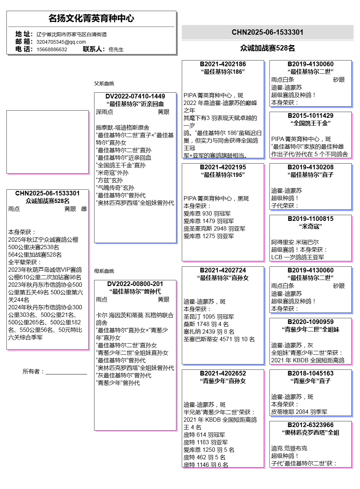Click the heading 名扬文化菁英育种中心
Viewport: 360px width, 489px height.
(x=91, y=18)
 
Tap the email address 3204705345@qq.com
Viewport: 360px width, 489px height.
(x=61, y=42)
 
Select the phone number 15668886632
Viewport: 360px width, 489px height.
(x=52, y=49)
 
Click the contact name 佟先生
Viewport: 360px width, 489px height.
(x=116, y=49)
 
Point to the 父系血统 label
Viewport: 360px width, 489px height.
(x=104, y=83)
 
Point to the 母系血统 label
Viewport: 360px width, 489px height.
(x=104, y=271)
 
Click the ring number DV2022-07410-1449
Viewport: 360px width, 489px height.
(x=135, y=96)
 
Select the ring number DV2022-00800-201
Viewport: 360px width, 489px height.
(x=135, y=284)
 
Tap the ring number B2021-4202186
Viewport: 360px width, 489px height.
(x=223, y=64)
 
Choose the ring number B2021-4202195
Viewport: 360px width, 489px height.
(x=223, y=167)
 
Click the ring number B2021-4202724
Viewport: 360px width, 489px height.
(x=223, y=270)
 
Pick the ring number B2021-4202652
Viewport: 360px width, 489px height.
(x=223, y=373)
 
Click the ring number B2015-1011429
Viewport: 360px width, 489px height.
(x=311, y=116)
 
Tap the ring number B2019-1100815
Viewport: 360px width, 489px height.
(x=311, y=219)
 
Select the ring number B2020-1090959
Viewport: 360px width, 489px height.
(x=311, y=322)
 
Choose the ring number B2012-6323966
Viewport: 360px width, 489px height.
(x=311, y=425)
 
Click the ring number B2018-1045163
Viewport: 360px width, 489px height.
(x=311, y=373)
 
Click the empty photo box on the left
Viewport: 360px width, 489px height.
(x=48, y=142)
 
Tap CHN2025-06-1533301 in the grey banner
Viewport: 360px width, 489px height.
(x=267, y=32)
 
